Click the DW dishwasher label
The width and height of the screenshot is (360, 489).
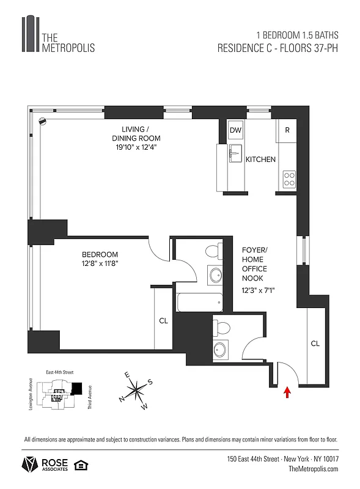(235, 130)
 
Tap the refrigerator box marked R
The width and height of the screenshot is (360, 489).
(287, 130)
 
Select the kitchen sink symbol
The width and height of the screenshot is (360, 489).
(233, 154)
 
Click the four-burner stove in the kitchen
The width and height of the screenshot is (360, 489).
(288, 179)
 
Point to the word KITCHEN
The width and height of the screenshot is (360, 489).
(260, 160)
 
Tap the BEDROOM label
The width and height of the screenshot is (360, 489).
(100, 254)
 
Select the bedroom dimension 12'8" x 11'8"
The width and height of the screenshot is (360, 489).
(100, 264)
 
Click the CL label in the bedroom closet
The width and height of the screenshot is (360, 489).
(164, 320)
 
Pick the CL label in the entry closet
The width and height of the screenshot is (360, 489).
(315, 344)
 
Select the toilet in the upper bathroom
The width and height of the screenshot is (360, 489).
(213, 251)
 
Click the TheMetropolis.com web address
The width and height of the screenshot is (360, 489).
(313, 468)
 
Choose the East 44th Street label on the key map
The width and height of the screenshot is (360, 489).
(59, 372)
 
